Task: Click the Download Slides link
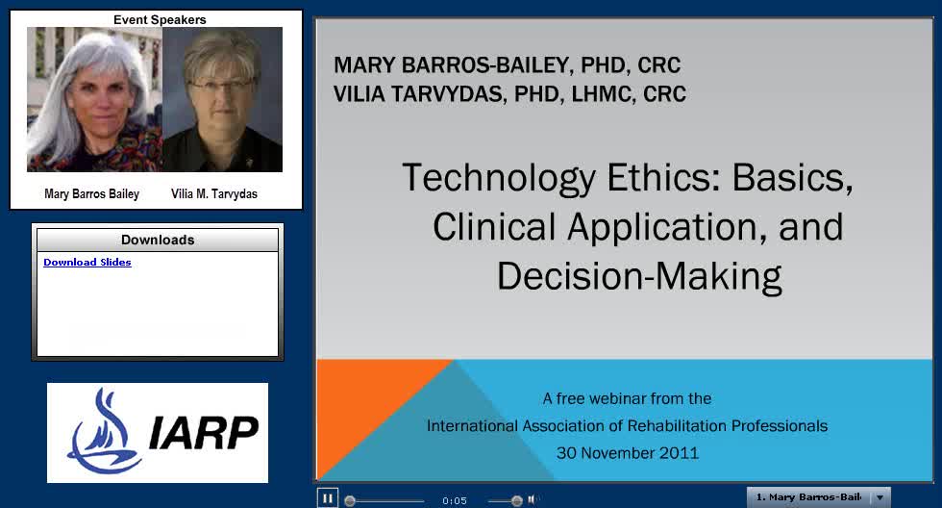[87, 262]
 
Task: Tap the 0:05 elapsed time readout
[454, 501]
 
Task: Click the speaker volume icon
[533, 499]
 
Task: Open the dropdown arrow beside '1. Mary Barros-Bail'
[880, 497]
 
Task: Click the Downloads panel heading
[158, 240]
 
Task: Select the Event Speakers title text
[160, 20]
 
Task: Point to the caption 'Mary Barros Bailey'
[92, 193]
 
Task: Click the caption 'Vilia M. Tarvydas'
[213, 193]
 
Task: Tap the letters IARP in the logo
[204, 432]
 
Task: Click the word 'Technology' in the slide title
[499, 178]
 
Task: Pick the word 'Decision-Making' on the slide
[639, 276]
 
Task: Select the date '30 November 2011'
[627, 453]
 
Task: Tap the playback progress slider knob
[350, 501]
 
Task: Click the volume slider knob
[517, 501]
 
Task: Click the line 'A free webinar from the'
[627, 398]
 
